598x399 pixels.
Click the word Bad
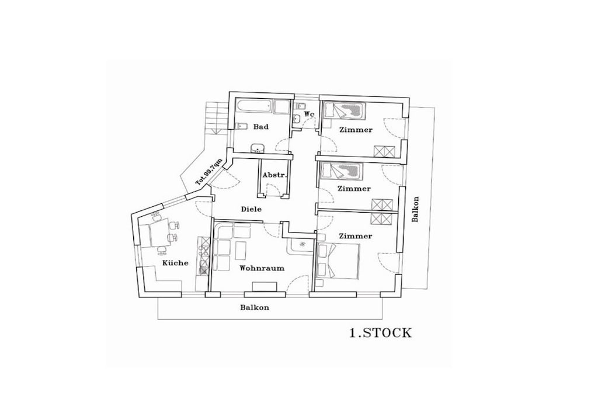tap(261, 127)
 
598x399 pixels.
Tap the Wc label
tap(309, 114)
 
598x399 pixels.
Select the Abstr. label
tap(274, 175)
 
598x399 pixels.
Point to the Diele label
tap(251, 209)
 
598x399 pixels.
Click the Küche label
tap(175, 263)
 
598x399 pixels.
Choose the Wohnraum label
tap(262, 268)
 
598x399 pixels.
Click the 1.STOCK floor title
tap(381, 333)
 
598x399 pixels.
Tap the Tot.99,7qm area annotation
tap(209, 172)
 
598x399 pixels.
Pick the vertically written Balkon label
tap(415, 209)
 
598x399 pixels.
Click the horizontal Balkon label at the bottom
tap(255, 307)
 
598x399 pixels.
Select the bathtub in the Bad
tap(255, 106)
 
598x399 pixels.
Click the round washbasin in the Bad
tap(258, 148)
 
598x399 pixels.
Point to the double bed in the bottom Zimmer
tap(338, 262)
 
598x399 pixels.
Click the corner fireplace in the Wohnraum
tap(301, 246)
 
